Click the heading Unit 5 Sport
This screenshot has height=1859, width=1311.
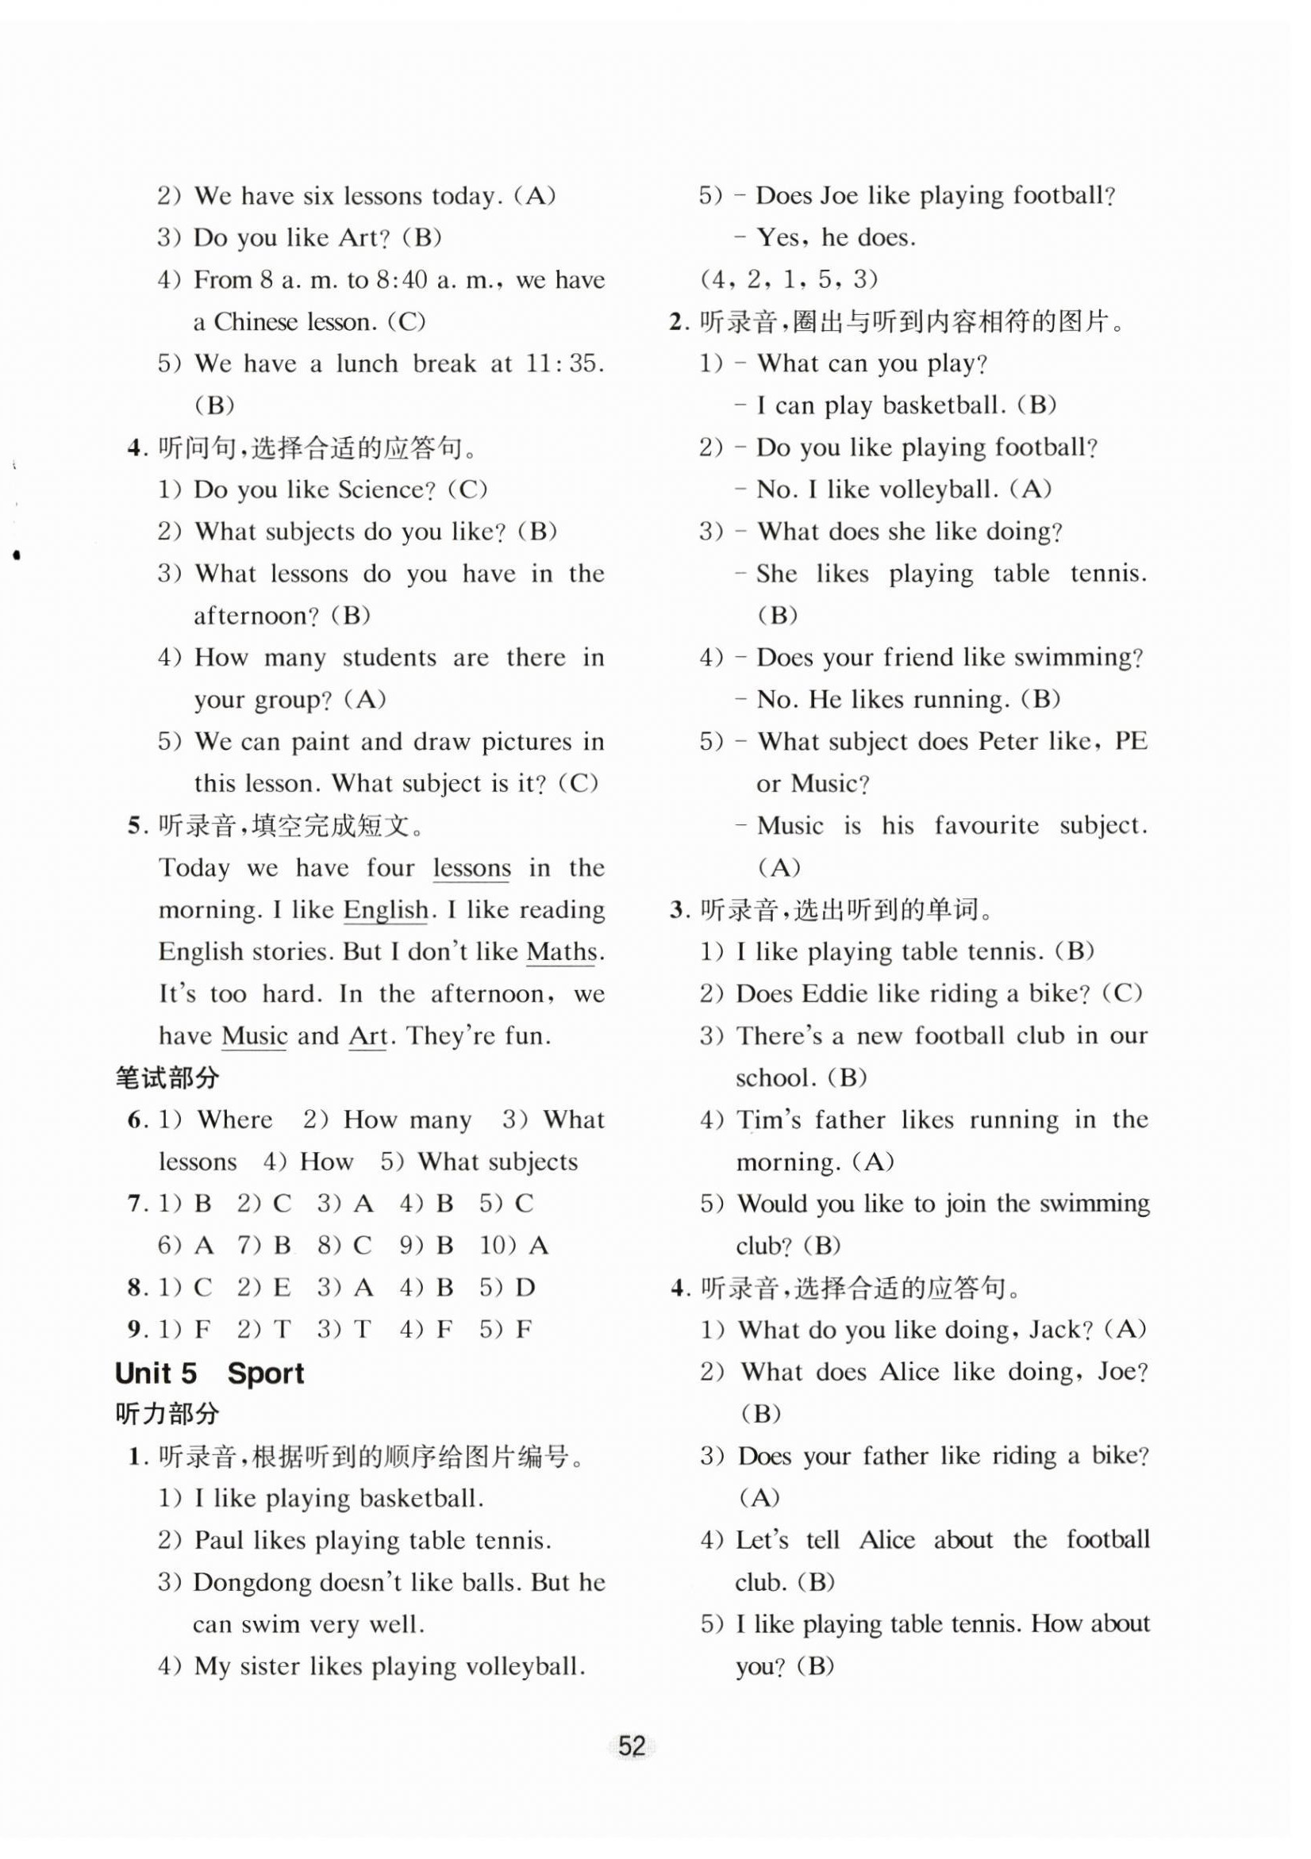[209, 1373]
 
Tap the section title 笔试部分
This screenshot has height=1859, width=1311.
[167, 1077]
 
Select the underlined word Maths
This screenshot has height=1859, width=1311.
[561, 952]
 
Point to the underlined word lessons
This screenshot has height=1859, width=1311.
[471, 868]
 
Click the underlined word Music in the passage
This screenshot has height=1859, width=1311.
[254, 1036]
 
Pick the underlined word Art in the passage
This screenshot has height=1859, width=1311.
[367, 1036]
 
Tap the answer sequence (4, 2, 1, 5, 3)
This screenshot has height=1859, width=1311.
[789, 279]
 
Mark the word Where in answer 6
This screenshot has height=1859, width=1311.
[234, 1120]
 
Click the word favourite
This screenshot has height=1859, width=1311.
[986, 826]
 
